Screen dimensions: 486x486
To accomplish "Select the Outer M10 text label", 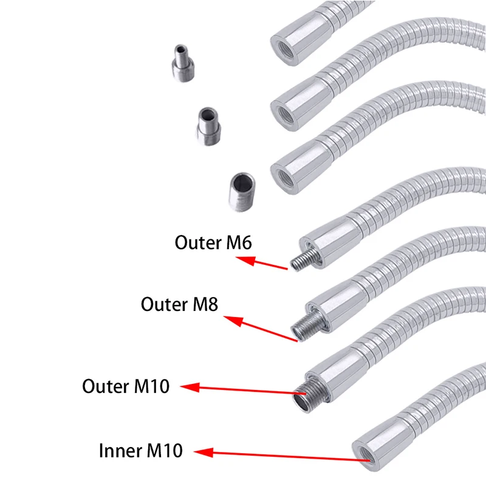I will tap(126, 386).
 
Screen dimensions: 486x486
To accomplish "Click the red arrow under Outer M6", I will tap(262, 263).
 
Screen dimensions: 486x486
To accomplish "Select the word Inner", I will tap(119, 451).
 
